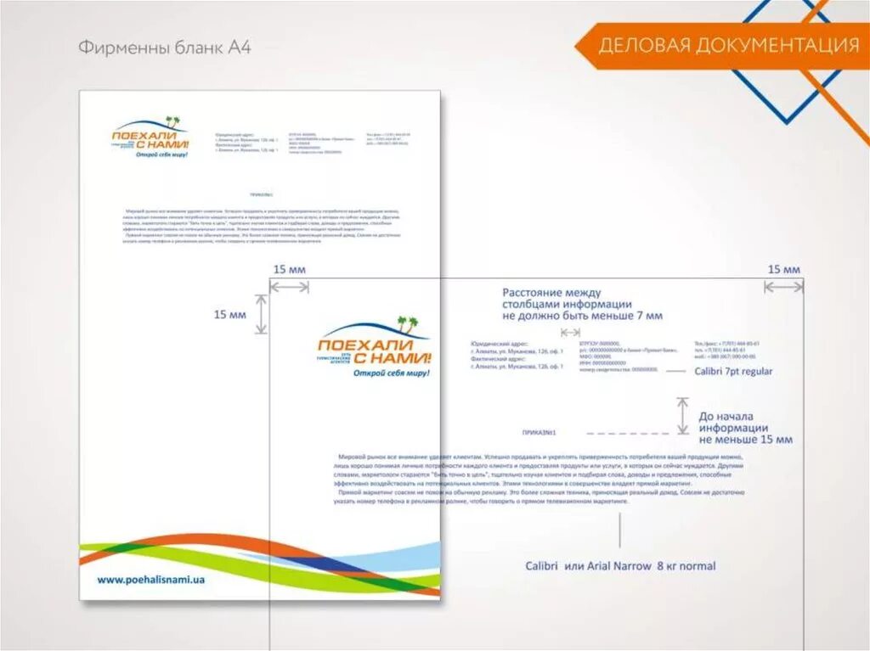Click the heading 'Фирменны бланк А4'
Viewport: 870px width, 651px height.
(164, 48)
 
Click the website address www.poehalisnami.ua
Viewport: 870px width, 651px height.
(151, 580)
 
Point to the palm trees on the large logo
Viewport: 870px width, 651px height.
(408, 323)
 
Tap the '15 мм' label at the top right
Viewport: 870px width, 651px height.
(783, 269)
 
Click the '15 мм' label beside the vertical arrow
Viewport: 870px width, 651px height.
(229, 315)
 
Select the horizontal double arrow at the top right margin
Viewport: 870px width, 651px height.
(782, 288)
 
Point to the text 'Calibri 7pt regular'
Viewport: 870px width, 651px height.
(733, 372)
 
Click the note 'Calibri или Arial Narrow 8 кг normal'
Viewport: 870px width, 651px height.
(620, 566)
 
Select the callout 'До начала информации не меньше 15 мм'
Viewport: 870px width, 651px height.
(745, 428)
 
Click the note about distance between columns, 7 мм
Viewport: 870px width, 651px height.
(582, 304)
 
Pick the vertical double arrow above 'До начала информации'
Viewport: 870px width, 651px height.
(682, 416)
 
